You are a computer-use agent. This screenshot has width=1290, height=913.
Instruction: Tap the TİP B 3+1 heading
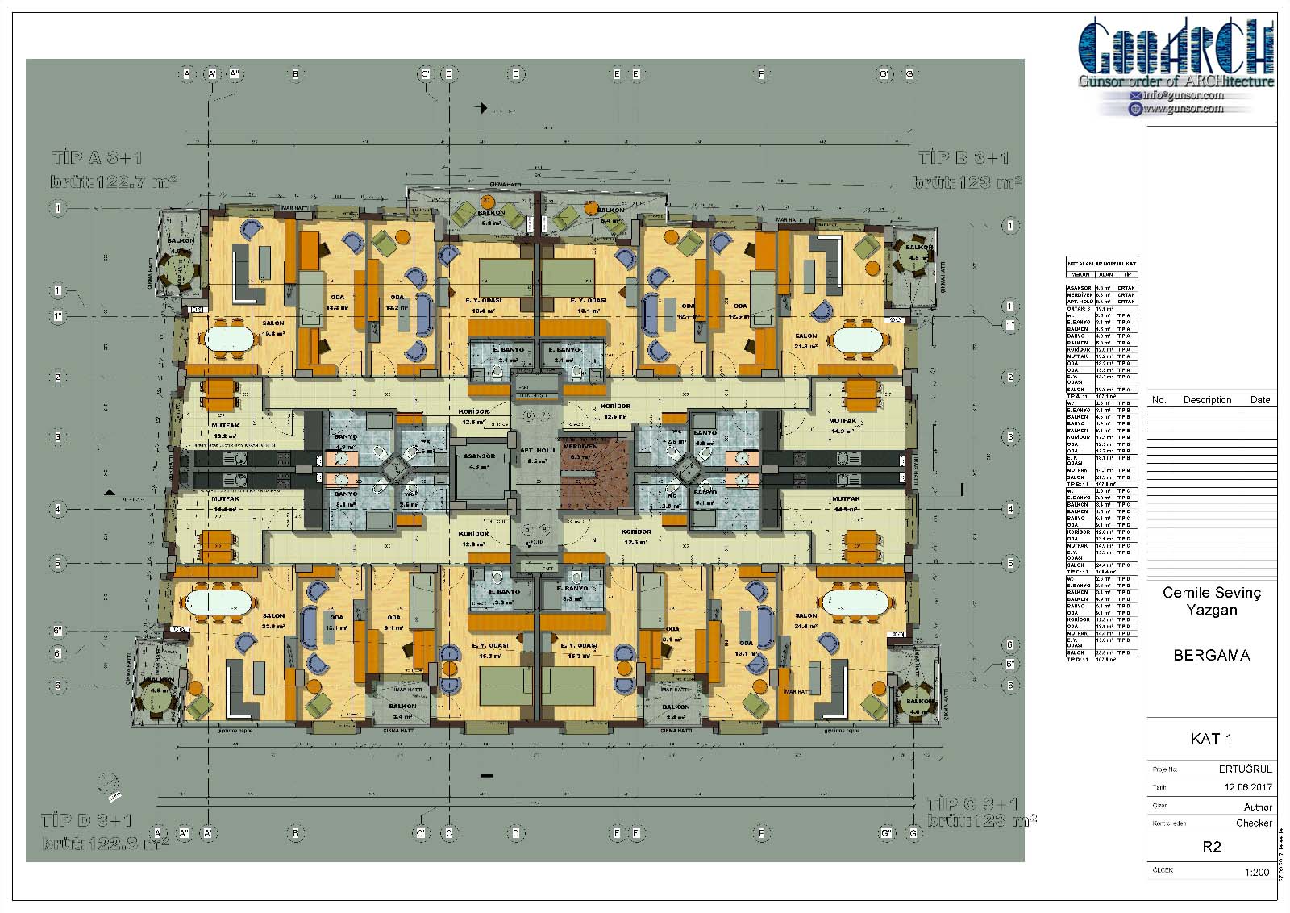coord(963,157)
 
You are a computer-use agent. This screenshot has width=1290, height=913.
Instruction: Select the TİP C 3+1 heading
coord(972,804)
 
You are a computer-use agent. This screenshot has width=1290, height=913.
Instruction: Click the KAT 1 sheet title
coord(1211,739)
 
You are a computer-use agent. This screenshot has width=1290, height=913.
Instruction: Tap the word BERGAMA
coord(1212,656)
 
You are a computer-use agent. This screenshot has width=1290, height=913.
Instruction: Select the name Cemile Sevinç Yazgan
coord(1211,601)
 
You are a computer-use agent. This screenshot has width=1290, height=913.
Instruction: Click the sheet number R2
coord(1211,847)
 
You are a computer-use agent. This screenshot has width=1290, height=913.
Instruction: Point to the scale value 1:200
coord(1257,873)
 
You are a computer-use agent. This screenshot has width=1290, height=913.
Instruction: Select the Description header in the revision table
coord(1207,400)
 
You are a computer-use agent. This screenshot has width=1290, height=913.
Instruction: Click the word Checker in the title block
coord(1254,823)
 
